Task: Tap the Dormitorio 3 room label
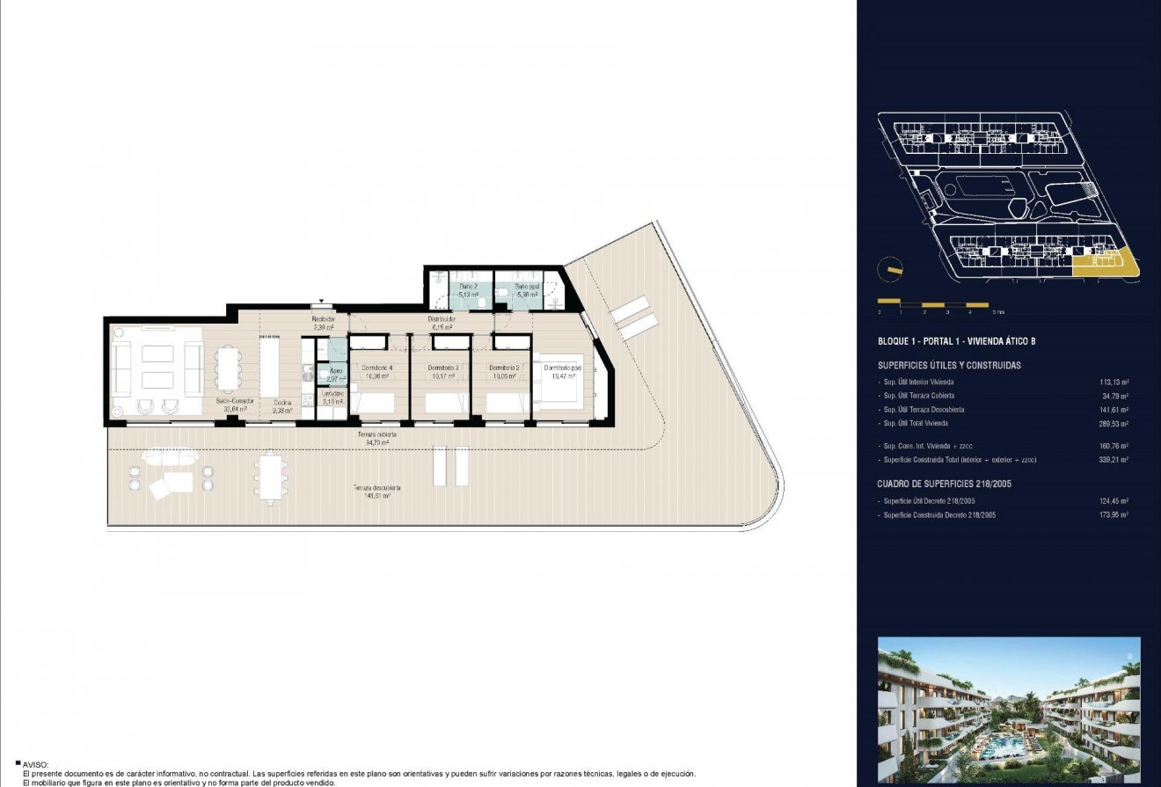pyautogui.click(x=442, y=368)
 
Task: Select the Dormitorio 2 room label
pyautogui.click(x=504, y=368)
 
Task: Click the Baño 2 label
pyautogui.click(x=468, y=287)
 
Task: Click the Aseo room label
pyautogui.click(x=324, y=371)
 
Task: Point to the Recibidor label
pyautogui.click(x=324, y=319)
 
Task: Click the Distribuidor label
pyautogui.click(x=442, y=319)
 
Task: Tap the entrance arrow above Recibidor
pyautogui.click(x=323, y=300)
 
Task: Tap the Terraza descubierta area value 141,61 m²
pyautogui.click(x=377, y=496)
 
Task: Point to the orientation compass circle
pyautogui.click(x=891, y=268)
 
